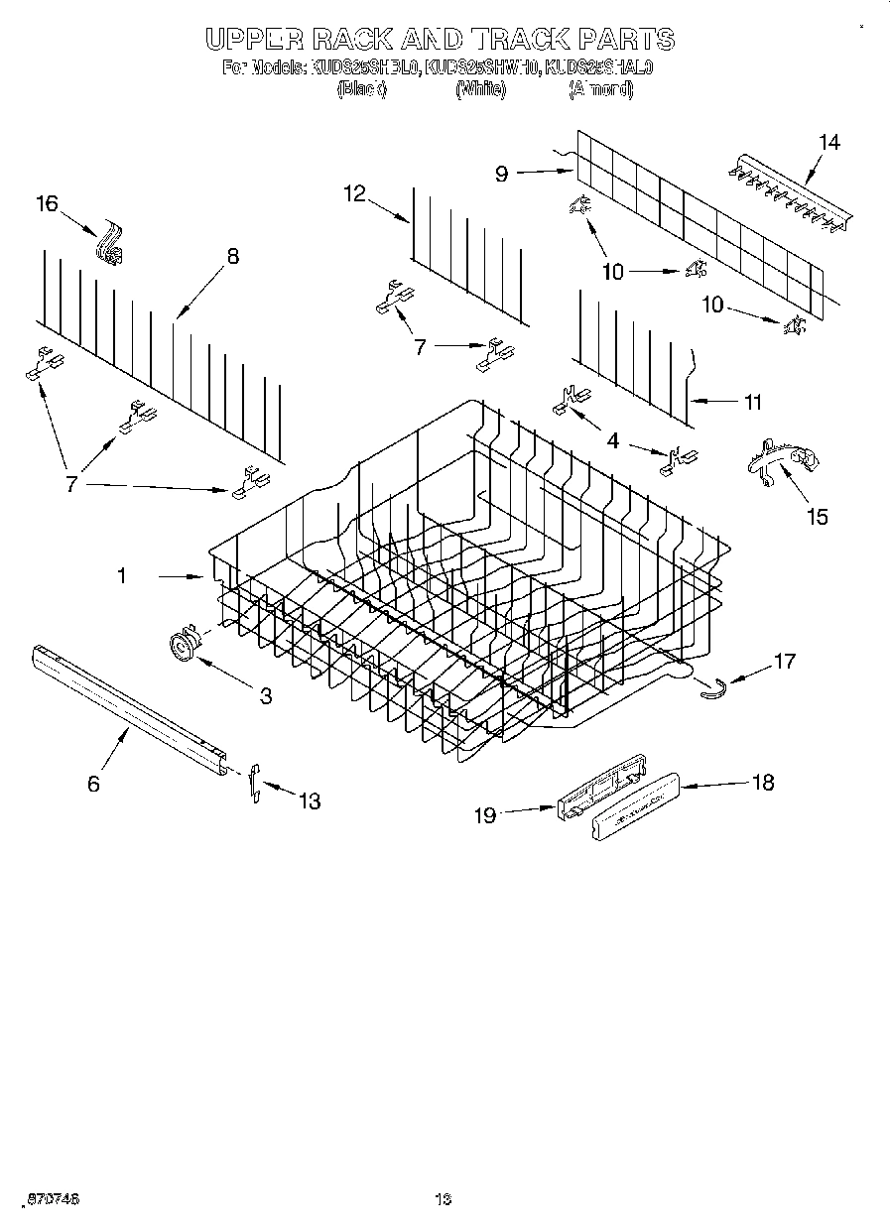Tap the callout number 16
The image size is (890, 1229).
coord(47,203)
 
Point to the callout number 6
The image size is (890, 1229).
coord(93,784)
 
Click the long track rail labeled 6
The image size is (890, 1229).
coord(129,705)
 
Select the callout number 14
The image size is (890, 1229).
coord(828,142)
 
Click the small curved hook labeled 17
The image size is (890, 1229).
coord(713,686)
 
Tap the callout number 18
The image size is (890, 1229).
coord(763,783)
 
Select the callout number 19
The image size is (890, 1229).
coord(484,814)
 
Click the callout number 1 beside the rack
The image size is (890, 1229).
coord(122,575)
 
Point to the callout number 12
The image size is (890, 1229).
coord(355,193)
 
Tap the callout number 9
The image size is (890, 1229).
coord(501,174)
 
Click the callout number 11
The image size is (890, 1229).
coord(753,402)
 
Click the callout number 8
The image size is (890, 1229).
coord(232,256)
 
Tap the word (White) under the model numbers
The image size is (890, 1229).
coord(480,89)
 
